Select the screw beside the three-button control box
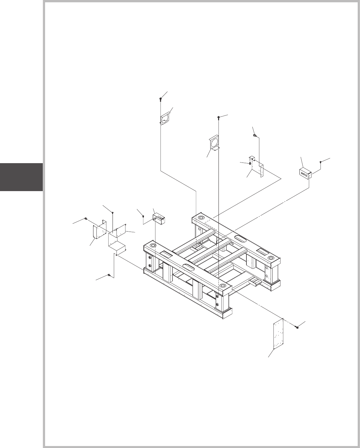pyautogui.click(x=321, y=162)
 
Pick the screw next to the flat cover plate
pyautogui.click(x=297, y=328)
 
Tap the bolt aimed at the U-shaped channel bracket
pyautogui.click(x=86, y=218)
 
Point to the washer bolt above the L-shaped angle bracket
pyautogui.click(x=255, y=135)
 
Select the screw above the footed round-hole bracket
pyautogui.click(x=219, y=117)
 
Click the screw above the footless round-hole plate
pyautogui.click(x=160, y=99)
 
